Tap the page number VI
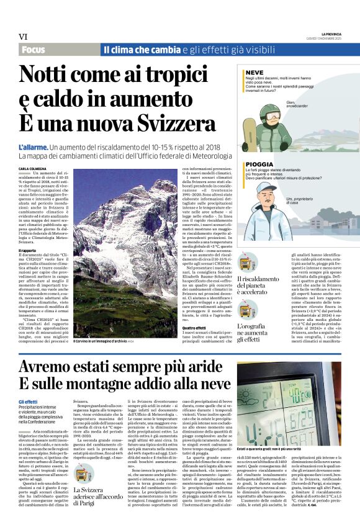click(x=22, y=37)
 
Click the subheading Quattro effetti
click(x=192, y=327)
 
